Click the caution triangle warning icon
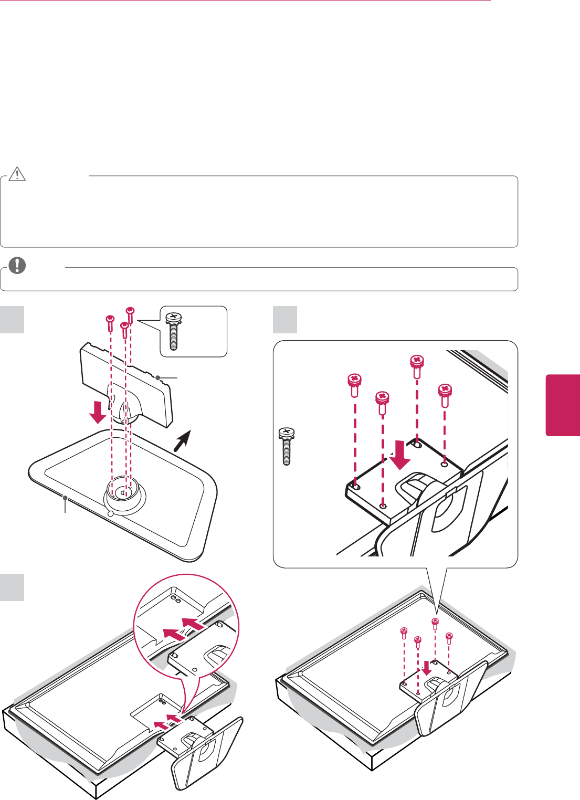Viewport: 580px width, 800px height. [x=17, y=174]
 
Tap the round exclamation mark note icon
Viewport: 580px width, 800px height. [x=17, y=266]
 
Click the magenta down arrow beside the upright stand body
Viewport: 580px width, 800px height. [x=97, y=412]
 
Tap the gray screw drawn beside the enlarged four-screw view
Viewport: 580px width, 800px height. [x=287, y=446]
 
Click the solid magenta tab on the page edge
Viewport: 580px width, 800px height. [x=563, y=405]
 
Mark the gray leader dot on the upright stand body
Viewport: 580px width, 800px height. [x=157, y=377]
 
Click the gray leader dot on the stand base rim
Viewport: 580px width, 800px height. [x=65, y=497]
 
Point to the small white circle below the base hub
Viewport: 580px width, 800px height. [x=110, y=514]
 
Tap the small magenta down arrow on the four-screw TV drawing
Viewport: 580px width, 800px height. [x=427, y=667]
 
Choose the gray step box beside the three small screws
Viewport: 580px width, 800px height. [x=12, y=320]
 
